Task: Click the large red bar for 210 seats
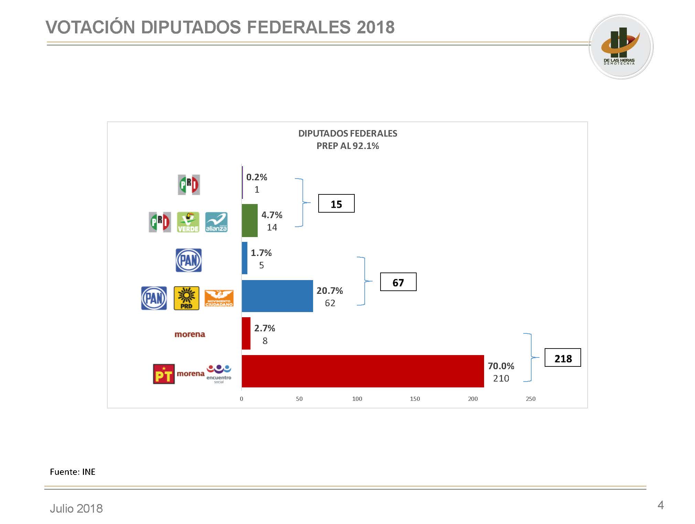(x=363, y=371)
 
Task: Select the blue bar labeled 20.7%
(x=277, y=296)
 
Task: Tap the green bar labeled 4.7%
(x=249, y=221)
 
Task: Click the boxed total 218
(x=563, y=358)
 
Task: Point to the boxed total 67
(x=398, y=282)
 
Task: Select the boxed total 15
(x=336, y=204)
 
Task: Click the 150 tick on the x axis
(x=415, y=399)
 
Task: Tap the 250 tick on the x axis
(x=531, y=399)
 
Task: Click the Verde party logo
(x=188, y=222)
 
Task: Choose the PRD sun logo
(x=186, y=298)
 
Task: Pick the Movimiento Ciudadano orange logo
(x=219, y=298)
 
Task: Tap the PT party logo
(x=163, y=374)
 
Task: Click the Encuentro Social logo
(x=219, y=374)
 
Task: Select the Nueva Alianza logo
(x=216, y=222)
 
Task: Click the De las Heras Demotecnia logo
(x=621, y=47)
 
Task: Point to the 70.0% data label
(x=501, y=366)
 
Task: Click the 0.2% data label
(x=257, y=177)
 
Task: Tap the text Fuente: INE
(x=73, y=472)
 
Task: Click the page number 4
(x=660, y=505)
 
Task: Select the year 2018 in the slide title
(x=375, y=28)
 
